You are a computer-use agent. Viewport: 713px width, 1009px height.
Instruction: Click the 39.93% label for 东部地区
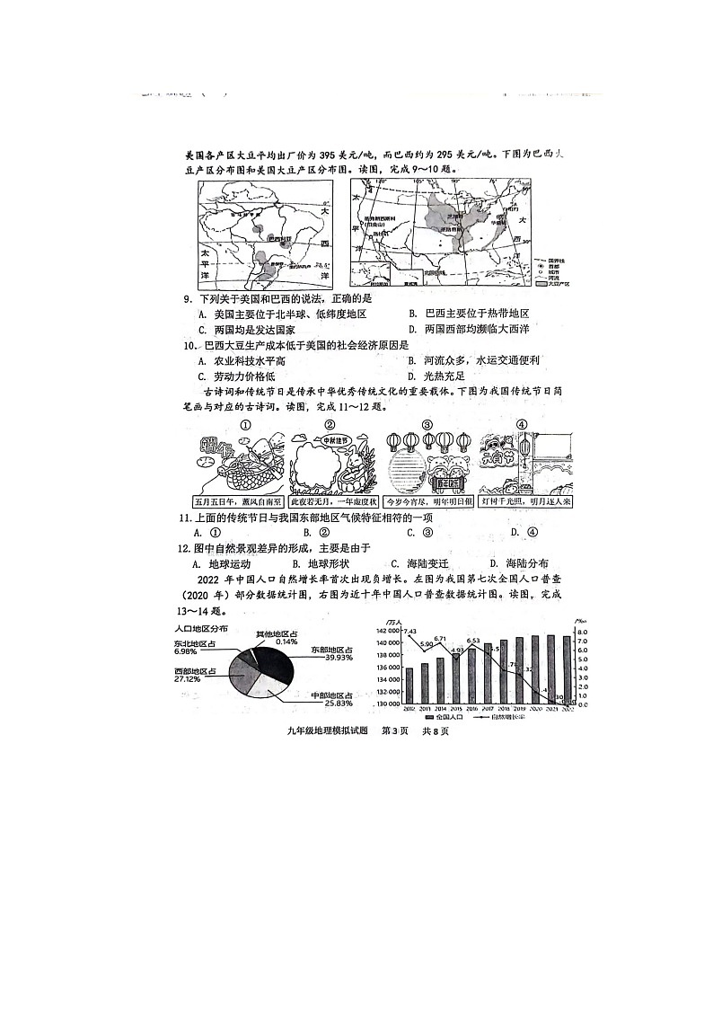(330, 658)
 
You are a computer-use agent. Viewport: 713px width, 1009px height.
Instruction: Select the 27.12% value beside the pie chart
(188, 680)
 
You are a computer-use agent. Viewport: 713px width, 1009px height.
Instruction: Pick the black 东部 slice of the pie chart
(276, 661)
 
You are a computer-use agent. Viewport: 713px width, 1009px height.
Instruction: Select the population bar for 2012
(409, 686)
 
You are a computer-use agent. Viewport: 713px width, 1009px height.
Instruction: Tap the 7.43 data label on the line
(409, 632)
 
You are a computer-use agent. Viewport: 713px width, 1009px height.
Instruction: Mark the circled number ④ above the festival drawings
(522, 425)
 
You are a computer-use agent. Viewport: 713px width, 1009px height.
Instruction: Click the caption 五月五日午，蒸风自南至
(238, 501)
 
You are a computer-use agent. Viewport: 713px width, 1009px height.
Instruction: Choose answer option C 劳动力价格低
(237, 376)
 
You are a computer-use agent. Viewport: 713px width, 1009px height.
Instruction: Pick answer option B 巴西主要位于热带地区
(468, 314)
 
